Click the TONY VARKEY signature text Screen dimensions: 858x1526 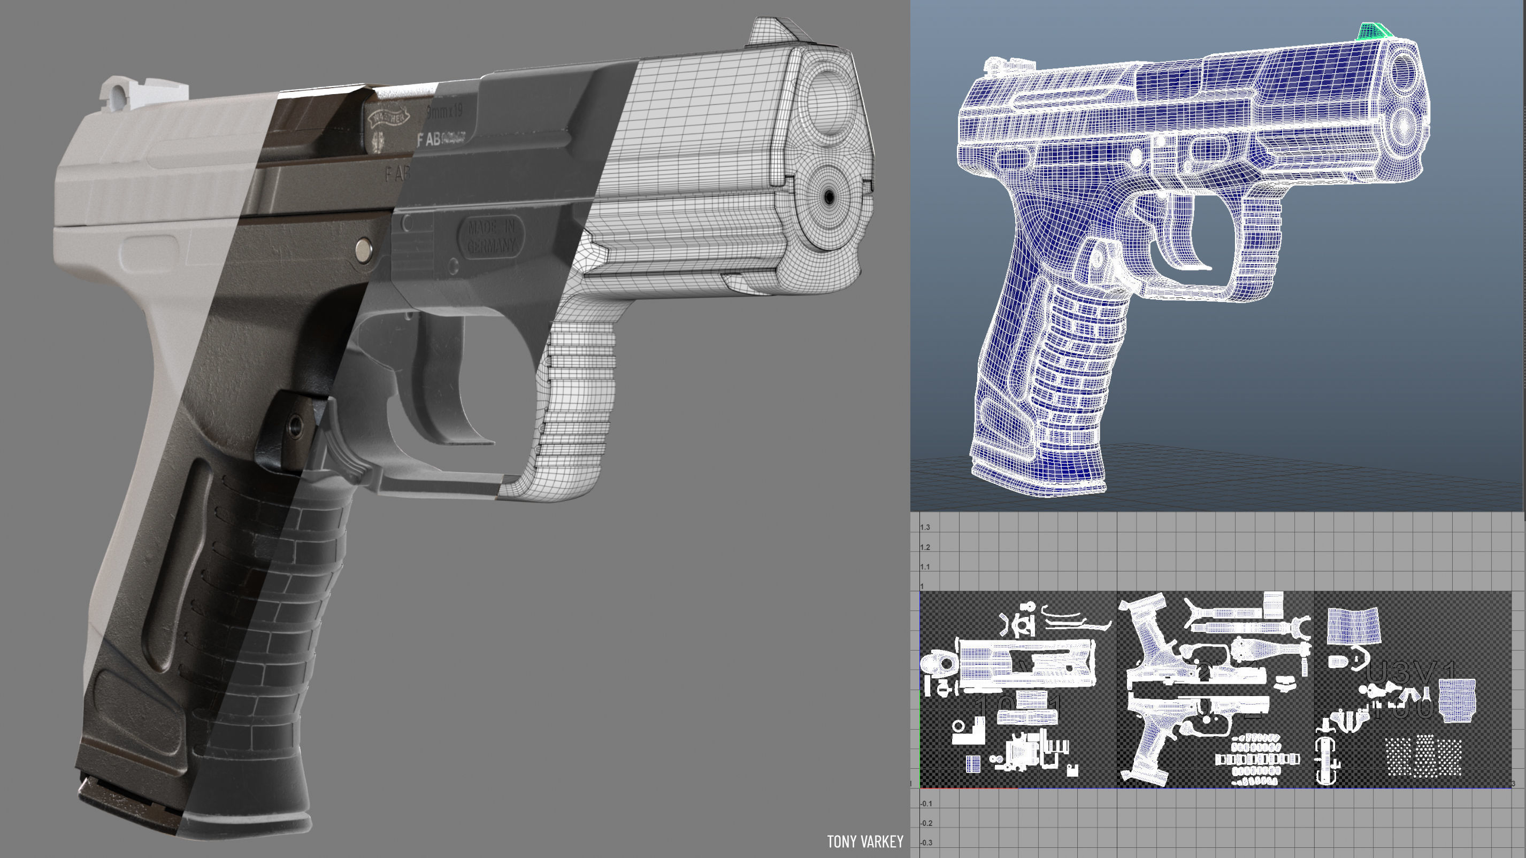(864, 841)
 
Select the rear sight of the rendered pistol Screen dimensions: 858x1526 (142, 96)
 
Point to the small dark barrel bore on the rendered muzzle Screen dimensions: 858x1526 (828, 196)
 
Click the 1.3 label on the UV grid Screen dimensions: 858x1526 (925, 528)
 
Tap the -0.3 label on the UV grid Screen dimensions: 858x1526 (925, 842)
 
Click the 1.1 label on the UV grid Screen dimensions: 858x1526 (925, 567)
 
